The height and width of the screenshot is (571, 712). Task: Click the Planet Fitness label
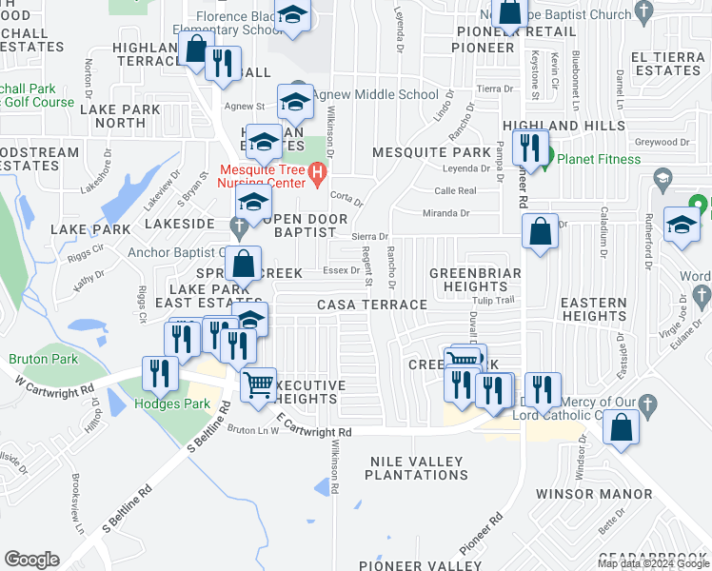click(x=599, y=159)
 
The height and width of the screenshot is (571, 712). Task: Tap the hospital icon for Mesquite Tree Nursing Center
click(x=318, y=176)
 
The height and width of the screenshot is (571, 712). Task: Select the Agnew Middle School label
click(x=375, y=94)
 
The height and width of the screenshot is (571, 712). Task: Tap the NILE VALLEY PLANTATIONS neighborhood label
click(x=417, y=467)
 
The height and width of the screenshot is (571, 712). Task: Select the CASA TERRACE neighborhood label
click(x=372, y=305)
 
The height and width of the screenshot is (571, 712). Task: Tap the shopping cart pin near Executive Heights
click(x=258, y=386)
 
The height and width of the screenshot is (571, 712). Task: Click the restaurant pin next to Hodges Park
click(x=159, y=374)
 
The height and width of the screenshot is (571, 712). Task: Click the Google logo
click(x=31, y=560)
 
